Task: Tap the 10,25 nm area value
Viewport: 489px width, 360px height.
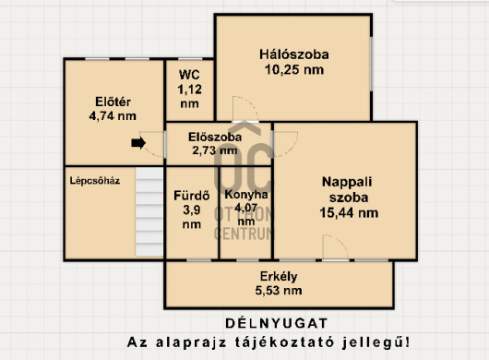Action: (x=292, y=69)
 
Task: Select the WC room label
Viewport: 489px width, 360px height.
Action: (x=189, y=74)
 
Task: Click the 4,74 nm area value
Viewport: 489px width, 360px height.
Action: (x=113, y=116)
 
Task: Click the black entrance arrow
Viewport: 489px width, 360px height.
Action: (x=138, y=143)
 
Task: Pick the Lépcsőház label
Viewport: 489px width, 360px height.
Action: (x=95, y=181)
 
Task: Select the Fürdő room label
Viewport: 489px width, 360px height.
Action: (x=192, y=195)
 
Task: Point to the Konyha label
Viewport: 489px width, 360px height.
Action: (x=245, y=195)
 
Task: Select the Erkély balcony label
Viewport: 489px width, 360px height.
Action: (x=279, y=276)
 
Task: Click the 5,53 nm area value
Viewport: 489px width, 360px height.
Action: (x=279, y=291)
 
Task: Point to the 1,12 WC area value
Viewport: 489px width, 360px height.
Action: (x=189, y=89)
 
